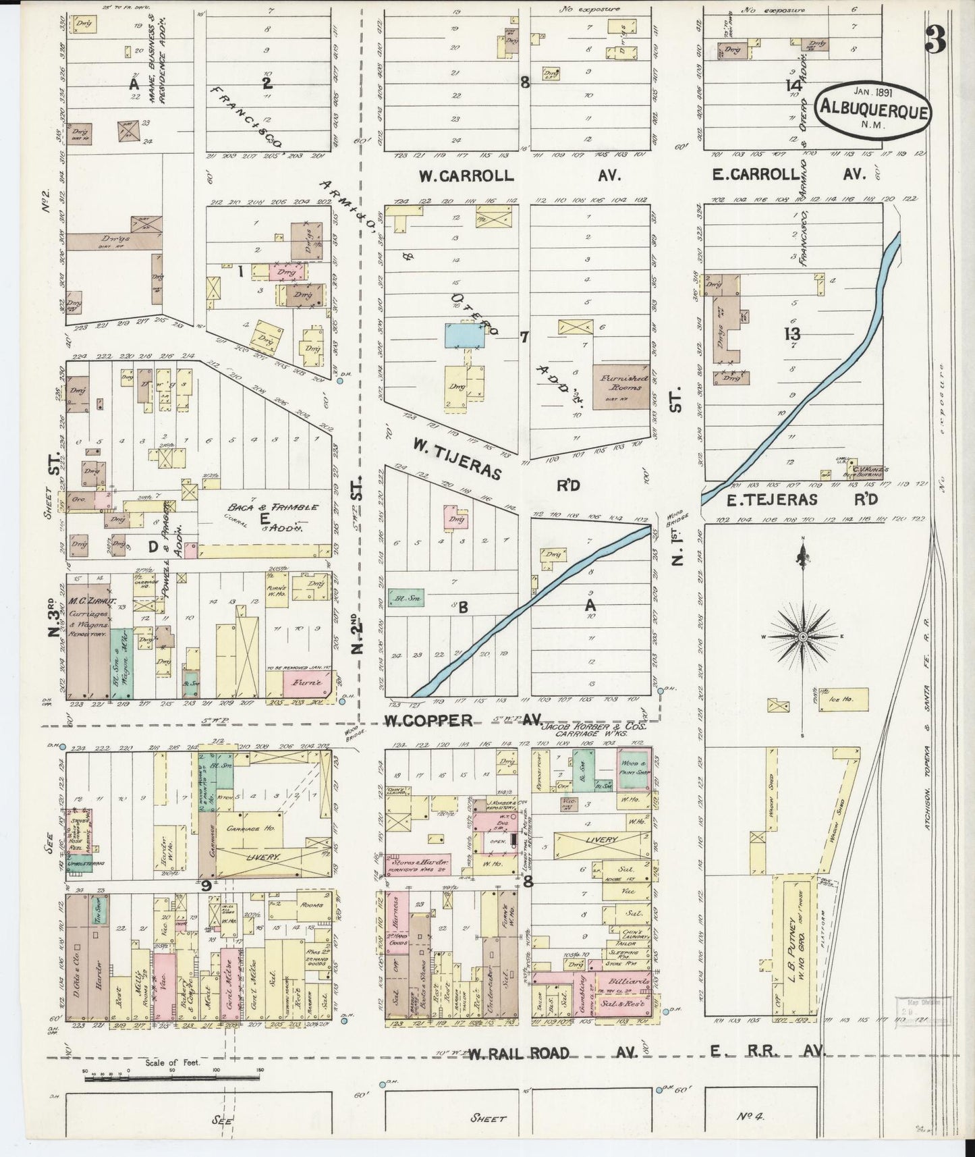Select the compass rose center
(803, 637)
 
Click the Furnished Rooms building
(621, 387)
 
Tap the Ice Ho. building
(843, 699)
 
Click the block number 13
(791, 333)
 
